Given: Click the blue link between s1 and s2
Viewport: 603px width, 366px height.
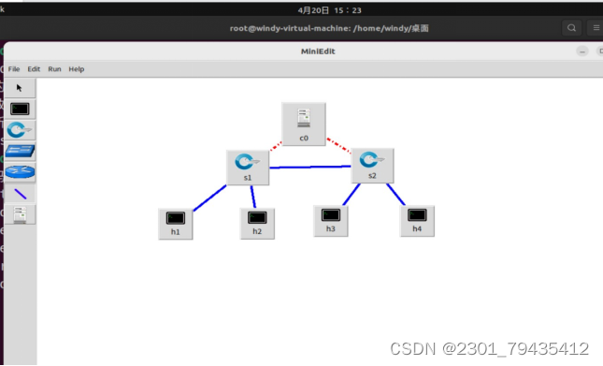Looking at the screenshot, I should coord(309,168).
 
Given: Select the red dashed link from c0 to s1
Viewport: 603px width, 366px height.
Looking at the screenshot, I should coord(276,145).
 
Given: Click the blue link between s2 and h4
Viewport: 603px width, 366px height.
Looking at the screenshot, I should coord(396,195).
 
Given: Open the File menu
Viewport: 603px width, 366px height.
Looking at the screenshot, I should coord(14,69).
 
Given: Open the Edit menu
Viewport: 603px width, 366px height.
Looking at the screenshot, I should coord(34,69).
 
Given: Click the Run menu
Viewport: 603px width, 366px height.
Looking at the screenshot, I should coord(55,69).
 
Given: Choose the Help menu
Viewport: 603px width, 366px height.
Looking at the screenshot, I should coord(77,69).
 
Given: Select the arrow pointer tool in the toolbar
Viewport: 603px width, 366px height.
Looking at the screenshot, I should coord(19,87).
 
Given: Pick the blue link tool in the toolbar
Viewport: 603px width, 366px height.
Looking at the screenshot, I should coord(20,194).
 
